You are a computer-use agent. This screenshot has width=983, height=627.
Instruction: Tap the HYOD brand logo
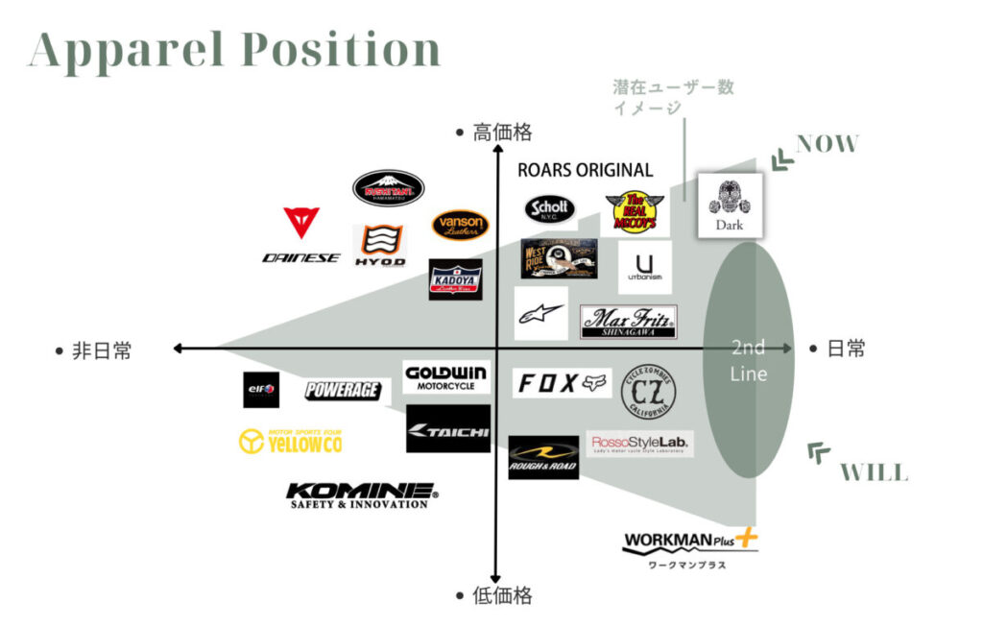(x=379, y=246)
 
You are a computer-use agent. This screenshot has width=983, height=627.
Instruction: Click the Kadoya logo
(x=455, y=279)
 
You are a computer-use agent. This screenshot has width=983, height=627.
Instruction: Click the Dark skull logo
(x=730, y=204)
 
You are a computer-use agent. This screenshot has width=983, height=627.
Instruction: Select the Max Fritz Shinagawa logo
(x=628, y=322)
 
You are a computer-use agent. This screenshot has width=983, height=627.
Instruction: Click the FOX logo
(x=563, y=383)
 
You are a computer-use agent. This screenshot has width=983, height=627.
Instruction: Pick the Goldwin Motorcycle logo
(x=446, y=377)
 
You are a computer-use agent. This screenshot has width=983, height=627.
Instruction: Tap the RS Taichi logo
(x=447, y=429)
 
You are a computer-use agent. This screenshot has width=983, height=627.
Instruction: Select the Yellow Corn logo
(x=290, y=441)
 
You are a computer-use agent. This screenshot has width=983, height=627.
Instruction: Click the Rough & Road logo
(x=543, y=457)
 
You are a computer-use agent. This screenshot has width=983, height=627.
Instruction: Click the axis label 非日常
(x=102, y=350)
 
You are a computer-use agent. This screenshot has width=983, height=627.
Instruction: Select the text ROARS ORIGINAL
(x=585, y=171)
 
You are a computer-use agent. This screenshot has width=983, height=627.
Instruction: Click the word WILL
(x=873, y=472)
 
